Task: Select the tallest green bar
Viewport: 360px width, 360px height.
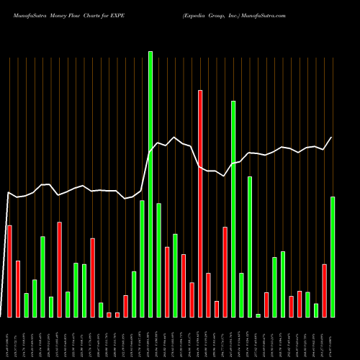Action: [150, 184]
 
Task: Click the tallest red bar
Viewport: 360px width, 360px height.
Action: [200, 204]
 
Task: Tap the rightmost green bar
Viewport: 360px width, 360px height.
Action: [333, 257]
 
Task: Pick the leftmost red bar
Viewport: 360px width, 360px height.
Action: [9, 271]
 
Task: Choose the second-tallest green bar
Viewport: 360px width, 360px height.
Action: [233, 209]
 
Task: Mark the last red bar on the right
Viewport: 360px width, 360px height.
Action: [325, 291]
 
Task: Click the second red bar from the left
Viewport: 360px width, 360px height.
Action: [18, 289]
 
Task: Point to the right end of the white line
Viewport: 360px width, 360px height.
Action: [332, 137]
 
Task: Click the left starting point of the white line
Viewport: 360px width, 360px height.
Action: [8, 192]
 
